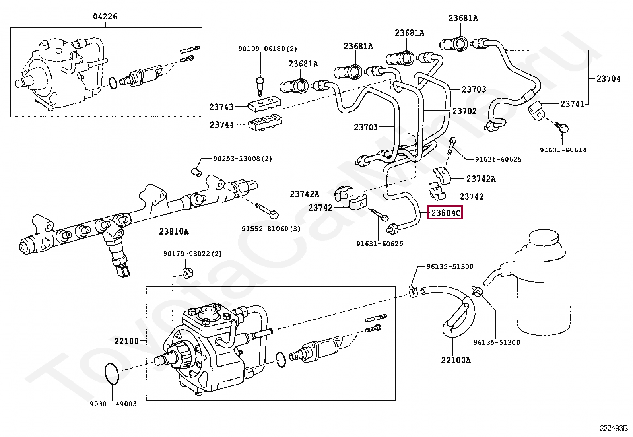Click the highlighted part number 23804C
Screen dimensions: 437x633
tap(445, 213)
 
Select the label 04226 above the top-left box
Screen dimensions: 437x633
tap(105, 17)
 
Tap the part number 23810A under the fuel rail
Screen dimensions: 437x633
tap(174, 231)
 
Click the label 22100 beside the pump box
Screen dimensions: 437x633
tap(126, 341)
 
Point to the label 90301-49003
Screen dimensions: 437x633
tap(113, 404)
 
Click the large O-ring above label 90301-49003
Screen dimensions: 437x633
tap(112, 374)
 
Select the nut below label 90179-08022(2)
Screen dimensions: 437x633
tap(187, 273)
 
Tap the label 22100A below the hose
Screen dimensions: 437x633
tap(456, 360)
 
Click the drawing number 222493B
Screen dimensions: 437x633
tap(613, 428)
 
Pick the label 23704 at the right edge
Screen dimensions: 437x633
tap(608, 79)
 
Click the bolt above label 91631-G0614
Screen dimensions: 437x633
tap(562, 128)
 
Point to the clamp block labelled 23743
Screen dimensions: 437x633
tap(264, 104)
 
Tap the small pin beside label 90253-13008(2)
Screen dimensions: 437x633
tap(196, 172)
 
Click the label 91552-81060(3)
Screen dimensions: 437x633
tap(271, 229)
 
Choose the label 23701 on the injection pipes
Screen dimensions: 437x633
tap(365, 127)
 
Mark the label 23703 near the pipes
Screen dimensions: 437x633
tap(474, 89)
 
